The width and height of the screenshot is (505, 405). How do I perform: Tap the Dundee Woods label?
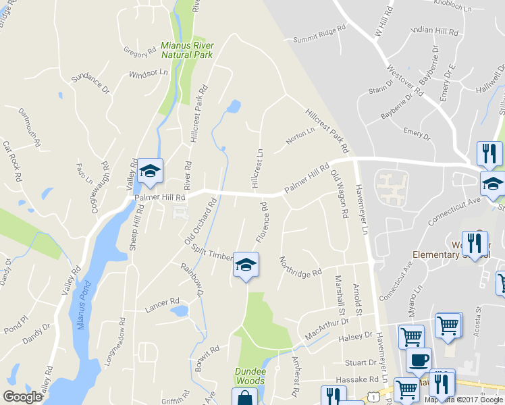[250, 376]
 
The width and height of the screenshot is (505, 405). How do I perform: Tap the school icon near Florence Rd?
[246, 265]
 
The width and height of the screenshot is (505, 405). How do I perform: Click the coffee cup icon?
[419, 359]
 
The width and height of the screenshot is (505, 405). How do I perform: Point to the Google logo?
[22, 397]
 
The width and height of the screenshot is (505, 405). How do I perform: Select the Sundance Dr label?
[90, 82]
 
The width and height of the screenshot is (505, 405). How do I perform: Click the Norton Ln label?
[300, 136]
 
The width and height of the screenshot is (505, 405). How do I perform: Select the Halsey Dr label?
[359, 335]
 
